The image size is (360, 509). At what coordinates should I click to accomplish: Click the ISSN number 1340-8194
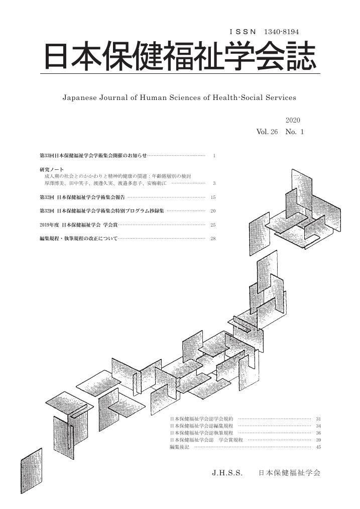[x=282, y=32]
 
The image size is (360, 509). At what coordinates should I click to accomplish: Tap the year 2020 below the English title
[x=293, y=120]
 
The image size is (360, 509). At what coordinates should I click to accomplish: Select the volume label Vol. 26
[x=267, y=132]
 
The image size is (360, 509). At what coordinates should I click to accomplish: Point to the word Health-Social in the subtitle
[x=237, y=97]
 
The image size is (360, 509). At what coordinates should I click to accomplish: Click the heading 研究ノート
[x=52, y=169]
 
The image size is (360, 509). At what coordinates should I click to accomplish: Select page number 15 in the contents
[x=213, y=197]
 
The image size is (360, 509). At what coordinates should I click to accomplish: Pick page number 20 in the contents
[x=213, y=211]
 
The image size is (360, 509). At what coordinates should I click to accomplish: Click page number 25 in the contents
[x=213, y=225]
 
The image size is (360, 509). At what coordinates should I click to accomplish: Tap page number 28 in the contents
[x=213, y=238]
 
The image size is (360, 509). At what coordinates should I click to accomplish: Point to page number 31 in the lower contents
[x=318, y=419]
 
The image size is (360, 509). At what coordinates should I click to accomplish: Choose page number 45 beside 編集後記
[x=318, y=447]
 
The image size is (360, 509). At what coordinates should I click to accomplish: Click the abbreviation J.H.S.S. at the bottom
[x=227, y=473]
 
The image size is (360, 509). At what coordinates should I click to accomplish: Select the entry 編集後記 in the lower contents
[x=179, y=447]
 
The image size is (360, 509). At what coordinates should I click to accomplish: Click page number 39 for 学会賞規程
[x=318, y=440]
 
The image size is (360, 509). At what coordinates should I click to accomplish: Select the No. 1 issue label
[x=295, y=132]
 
